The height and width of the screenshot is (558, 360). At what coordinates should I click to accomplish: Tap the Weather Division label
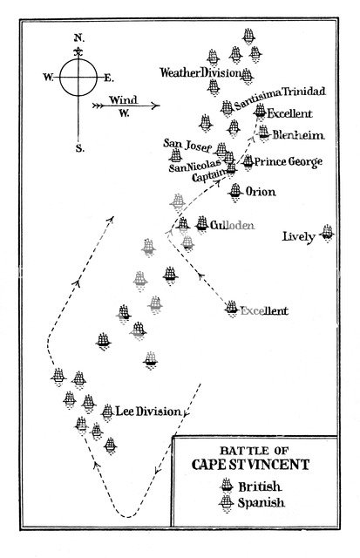pyautogui.click(x=200, y=73)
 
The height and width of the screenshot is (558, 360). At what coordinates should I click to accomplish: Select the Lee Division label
pyautogui.click(x=141, y=411)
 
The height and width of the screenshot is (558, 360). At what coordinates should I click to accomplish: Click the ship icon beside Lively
pyautogui.click(x=327, y=231)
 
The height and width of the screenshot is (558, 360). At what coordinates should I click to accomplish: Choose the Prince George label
pyautogui.click(x=289, y=162)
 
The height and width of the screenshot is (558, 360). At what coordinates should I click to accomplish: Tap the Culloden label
pyautogui.click(x=232, y=225)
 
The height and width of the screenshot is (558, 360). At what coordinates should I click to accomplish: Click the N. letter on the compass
pyautogui.click(x=78, y=38)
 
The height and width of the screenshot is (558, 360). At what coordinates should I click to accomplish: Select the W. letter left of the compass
pyautogui.click(x=47, y=78)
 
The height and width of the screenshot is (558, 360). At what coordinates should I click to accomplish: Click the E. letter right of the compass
pyautogui.click(x=109, y=78)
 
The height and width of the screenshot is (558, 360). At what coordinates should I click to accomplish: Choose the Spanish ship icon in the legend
pyautogui.click(x=228, y=504)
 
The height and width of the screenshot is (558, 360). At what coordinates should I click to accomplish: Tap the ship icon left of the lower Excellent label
pyautogui.click(x=231, y=308)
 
